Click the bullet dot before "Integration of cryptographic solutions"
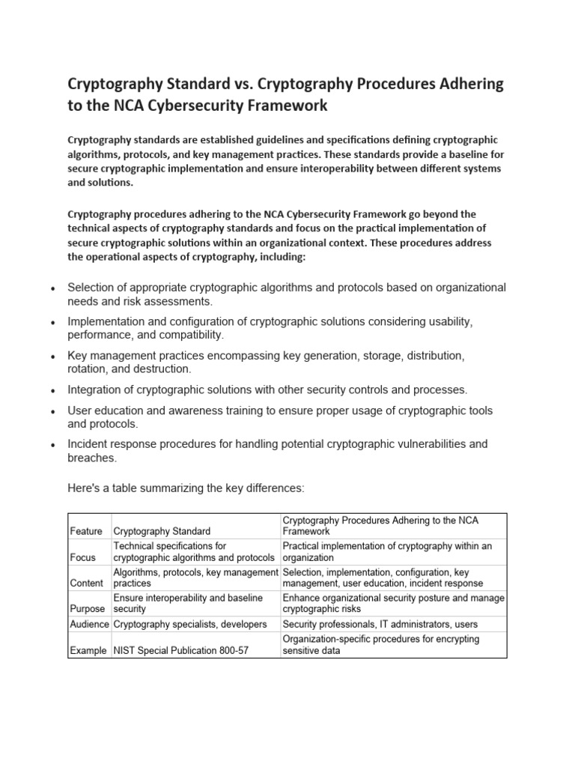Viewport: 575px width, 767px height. pos(51,391)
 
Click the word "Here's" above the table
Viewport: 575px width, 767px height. pos(85,488)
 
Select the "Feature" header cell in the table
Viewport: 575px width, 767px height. pos(86,531)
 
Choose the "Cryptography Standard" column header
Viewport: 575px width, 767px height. pos(162,531)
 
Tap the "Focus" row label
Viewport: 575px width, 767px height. pos(82,558)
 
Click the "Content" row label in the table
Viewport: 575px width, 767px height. pos(87,583)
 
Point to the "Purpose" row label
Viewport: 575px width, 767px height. pos(88,609)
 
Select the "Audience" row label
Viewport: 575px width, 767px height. pos(89,624)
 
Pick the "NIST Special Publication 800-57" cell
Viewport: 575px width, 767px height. pos(180,651)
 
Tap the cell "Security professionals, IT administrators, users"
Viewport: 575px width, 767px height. pos(380,624)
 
